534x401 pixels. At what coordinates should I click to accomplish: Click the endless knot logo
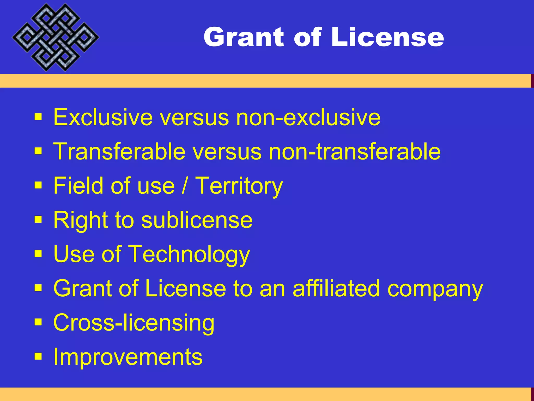point(55,37)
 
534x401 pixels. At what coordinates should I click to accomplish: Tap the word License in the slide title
point(387,37)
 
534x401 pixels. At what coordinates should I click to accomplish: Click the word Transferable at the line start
point(119,151)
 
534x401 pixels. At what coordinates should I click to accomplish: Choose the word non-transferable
point(355,151)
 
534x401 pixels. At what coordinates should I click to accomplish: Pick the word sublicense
point(197,220)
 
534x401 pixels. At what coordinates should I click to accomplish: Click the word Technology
point(190,255)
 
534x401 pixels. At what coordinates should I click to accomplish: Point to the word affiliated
point(336,288)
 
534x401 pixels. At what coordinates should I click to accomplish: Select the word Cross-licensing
point(134,323)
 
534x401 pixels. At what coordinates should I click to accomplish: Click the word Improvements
point(128,357)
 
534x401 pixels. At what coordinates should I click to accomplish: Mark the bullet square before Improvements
point(38,356)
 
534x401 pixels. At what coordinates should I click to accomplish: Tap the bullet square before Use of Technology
point(38,254)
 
